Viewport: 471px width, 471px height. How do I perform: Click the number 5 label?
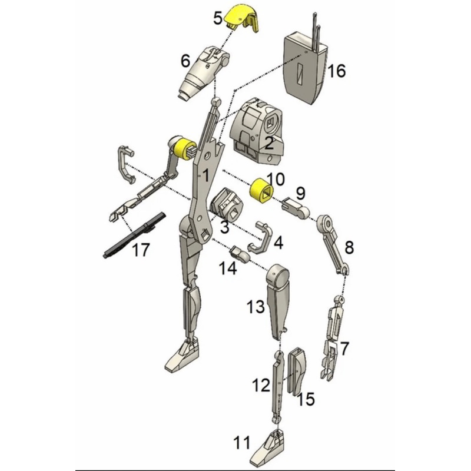point(218,18)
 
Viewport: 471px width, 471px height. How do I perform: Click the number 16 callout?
point(336,71)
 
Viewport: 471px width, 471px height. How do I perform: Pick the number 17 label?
point(140,250)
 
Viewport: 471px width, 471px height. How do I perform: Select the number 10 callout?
point(275,178)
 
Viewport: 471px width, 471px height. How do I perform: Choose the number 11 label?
point(241,442)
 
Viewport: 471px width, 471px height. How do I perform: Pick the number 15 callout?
point(306,399)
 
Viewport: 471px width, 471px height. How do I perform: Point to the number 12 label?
point(261,386)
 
